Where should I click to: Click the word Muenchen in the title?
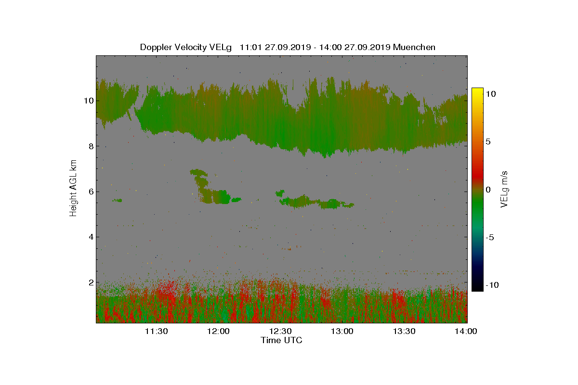[x=414, y=47]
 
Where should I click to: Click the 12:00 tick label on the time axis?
[x=218, y=331]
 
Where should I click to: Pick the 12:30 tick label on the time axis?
[x=280, y=331]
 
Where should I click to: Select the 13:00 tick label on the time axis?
[x=342, y=331]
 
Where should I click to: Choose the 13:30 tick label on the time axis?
[x=405, y=331]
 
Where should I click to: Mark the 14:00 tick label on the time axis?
[x=466, y=331]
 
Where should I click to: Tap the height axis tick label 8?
[x=89, y=146]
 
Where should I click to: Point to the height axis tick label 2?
[x=89, y=282]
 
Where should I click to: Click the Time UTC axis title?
[x=281, y=340]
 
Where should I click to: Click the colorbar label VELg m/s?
[x=504, y=189]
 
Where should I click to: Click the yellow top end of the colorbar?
[x=477, y=90]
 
